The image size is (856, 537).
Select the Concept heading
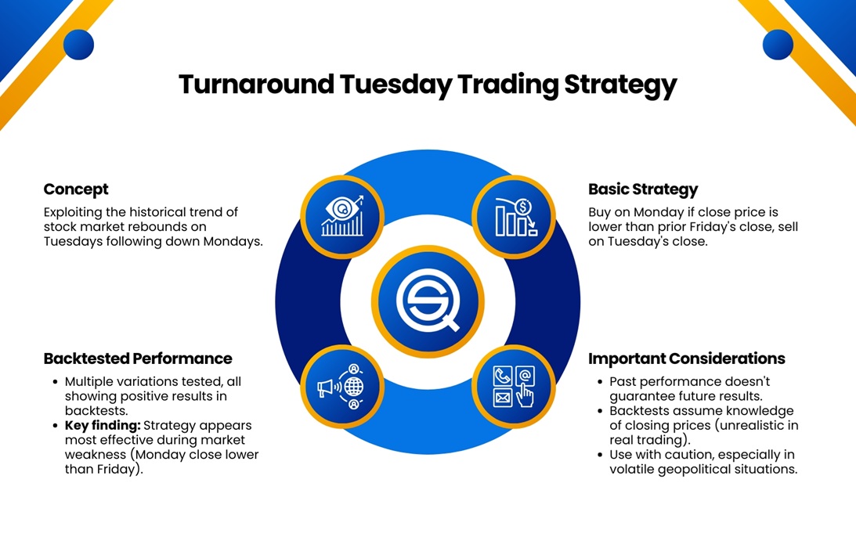coord(76,189)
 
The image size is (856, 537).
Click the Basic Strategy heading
coord(642,189)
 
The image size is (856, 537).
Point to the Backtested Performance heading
coord(138,359)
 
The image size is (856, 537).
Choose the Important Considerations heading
coord(686,359)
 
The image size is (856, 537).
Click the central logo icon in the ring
coord(427,302)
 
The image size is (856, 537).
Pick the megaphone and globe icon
coord(342,387)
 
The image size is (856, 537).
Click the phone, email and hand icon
coord(514,387)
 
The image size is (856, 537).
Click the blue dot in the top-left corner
coord(78,45)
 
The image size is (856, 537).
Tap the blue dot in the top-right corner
coord(777,45)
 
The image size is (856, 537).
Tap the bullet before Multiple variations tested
coord(54,382)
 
